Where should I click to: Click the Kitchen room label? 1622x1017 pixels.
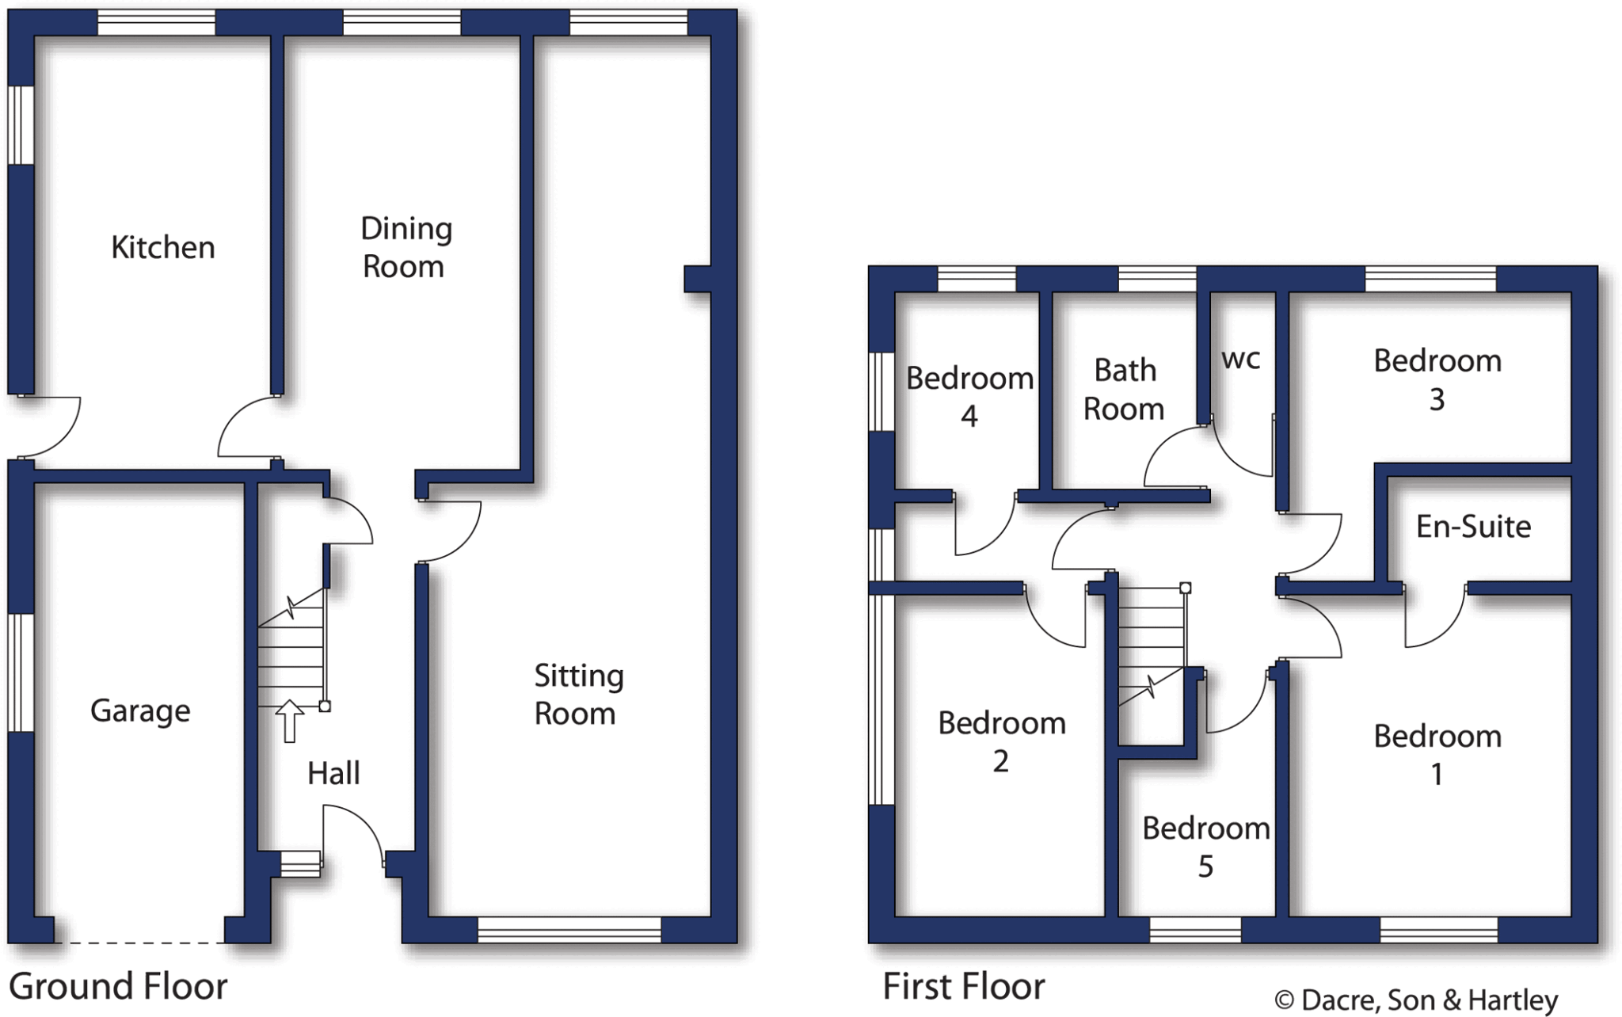point(162,248)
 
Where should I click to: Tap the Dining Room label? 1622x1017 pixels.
point(405,247)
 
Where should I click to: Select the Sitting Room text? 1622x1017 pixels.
point(578,695)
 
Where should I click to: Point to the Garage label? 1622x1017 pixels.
point(140,710)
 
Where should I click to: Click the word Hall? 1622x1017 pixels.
point(333,773)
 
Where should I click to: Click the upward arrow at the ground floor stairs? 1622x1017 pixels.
point(290,721)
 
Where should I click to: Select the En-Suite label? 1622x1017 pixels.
point(1473,527)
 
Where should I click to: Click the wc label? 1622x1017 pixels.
point(1240,359)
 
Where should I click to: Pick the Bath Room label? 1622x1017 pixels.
point(1124,390)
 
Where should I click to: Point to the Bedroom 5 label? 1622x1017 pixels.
point(1205,847)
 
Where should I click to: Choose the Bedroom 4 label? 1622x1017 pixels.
point(969,397)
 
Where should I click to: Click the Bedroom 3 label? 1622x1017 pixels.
point(1437,379)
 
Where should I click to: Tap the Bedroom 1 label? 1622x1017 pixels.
point(1437,755)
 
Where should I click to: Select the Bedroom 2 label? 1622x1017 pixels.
point(1001,741)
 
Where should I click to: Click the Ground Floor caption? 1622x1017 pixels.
point(118,987)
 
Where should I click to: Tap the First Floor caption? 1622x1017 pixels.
point(964,987)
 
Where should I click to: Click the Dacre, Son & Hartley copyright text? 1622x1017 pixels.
point(1416,1000)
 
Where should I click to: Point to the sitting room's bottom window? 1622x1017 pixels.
point(569,930)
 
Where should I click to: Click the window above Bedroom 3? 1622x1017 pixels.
point(1430,279)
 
